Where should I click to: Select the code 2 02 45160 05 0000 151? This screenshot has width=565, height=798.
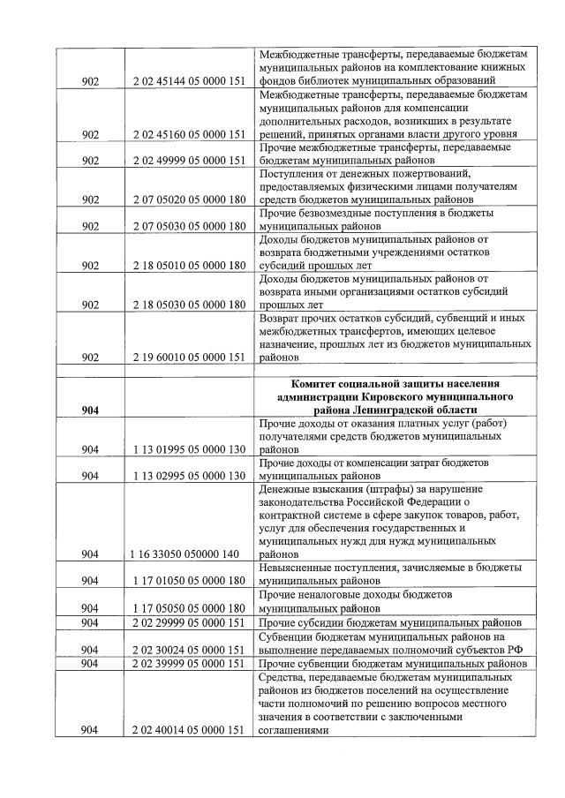pyautogui.click(x=188, y=134)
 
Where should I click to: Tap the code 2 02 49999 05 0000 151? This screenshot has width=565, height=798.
pyautogui.click(x=188, y=162)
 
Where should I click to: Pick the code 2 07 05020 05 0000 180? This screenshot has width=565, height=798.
pyautogui.click(x=188, y=201)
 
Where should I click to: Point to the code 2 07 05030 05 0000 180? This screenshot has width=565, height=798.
pyautogui.click(x=188, y=226)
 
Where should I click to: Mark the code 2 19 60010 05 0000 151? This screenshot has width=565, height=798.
pyautogui.click(x=188, y=358)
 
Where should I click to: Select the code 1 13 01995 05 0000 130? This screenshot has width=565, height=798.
pyautogui.click(x=188, y=449)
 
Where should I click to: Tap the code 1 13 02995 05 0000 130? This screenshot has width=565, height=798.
pyautogui.click(x=188, y=476)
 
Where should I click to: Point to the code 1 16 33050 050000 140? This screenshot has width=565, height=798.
pyautogui.click(x=188, y=554)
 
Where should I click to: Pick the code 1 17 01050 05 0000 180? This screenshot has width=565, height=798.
pyautogui.click(x=188, y=582)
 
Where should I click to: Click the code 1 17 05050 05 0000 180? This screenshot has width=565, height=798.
pyautogui.click(x=188, y=608)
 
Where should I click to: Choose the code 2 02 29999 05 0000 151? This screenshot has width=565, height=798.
pyautogui.click(x=188, y=623)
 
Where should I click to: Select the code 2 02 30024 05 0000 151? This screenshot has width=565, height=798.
pyautogui.click(x=188, y=650)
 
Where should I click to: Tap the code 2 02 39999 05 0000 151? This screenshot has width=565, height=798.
pyautogui.click(x=188, y=664)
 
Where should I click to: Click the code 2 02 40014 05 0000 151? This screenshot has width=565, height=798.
pyautogui.click(x=188, y=730)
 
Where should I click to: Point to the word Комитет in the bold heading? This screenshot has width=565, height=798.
pyautogui.click(x=319, y=383)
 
